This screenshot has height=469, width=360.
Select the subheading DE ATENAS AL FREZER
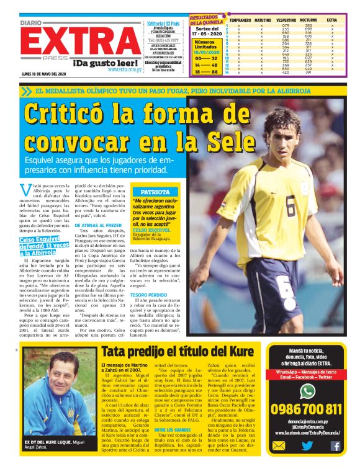pyautogui.click(x=98, y=226)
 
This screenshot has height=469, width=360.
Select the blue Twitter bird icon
pyautogui.click(x=307, y=445)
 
